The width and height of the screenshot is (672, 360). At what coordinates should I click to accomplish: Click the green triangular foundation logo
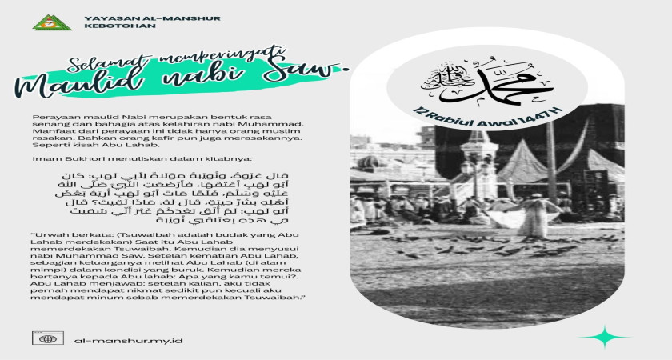pyautogui.click(x=51, y=22)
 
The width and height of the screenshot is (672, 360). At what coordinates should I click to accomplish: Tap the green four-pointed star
pyautogui.click(x=613, y=336)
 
